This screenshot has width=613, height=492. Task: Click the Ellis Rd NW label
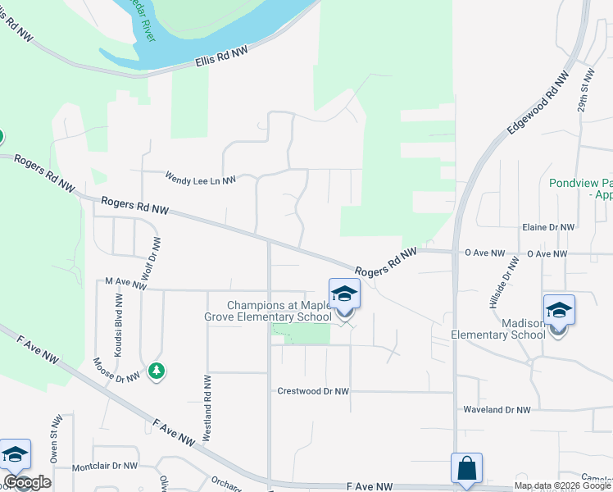tap(221, 56)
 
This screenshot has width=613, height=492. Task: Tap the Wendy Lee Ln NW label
tap(201, 177)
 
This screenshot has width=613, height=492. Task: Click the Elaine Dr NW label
tap(548, 227)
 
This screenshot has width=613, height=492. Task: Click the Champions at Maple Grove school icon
tap(345, 294)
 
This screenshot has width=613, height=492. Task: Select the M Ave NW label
tap(125, 281)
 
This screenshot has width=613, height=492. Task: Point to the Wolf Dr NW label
tap(149, 260)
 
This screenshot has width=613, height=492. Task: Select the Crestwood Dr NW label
tap(314, 392)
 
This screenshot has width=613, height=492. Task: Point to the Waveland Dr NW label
tap(497, 409)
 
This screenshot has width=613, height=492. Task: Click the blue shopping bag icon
tap(466, 469)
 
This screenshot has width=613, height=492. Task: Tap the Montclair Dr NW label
tap(105, 466)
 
